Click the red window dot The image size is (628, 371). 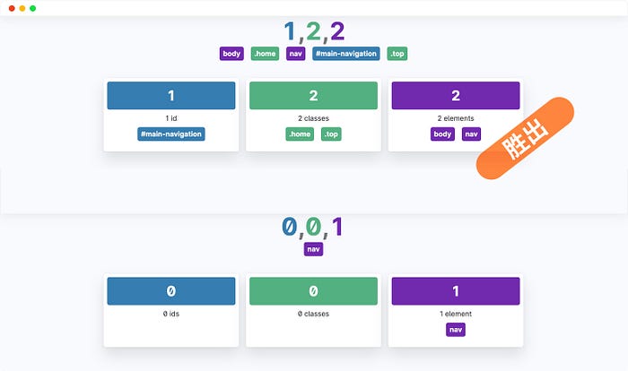coord(12,8)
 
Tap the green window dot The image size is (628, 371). coord(33,8)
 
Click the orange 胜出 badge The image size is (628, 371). coord(525,138)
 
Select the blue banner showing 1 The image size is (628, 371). coord(171,95)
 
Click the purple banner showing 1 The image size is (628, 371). coord(456,291)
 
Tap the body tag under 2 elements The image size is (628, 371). coord(442,134)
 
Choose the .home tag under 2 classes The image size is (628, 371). coord(300,134)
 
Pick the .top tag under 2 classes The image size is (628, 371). coord(331,134)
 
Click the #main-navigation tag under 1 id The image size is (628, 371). coord(171,134)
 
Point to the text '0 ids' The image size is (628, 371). coord(171,314)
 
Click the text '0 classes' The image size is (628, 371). coord(313,314)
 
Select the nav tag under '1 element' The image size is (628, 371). coord(456,330)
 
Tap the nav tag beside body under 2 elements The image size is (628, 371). coord(471,134)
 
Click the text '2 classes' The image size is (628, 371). coord(313,118)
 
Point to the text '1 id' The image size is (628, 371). coord(171,118)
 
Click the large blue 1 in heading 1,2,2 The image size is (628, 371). coord(290,31)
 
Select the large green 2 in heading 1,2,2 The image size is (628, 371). coord(313,31)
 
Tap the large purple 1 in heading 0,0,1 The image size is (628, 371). coord(337,227)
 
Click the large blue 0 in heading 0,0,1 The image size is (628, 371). coord(289,227)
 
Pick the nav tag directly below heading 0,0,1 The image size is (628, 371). coord(313,249)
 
